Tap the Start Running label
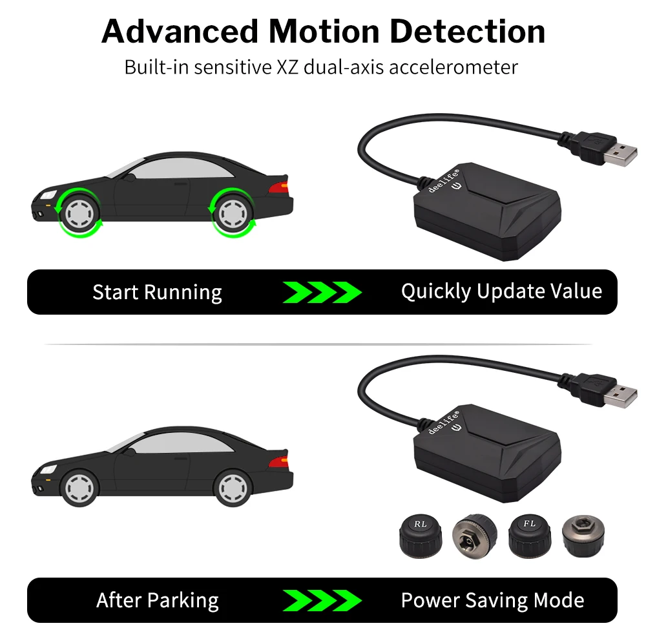(157, 292)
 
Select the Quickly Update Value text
(501, 291)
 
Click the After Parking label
(157, 600)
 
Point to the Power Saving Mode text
(492, 600)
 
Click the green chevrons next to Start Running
(322, 292)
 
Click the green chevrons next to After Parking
(322, 600)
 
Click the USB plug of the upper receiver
(616, 151)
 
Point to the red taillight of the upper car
(278, 187)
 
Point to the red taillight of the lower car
(278, 461)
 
